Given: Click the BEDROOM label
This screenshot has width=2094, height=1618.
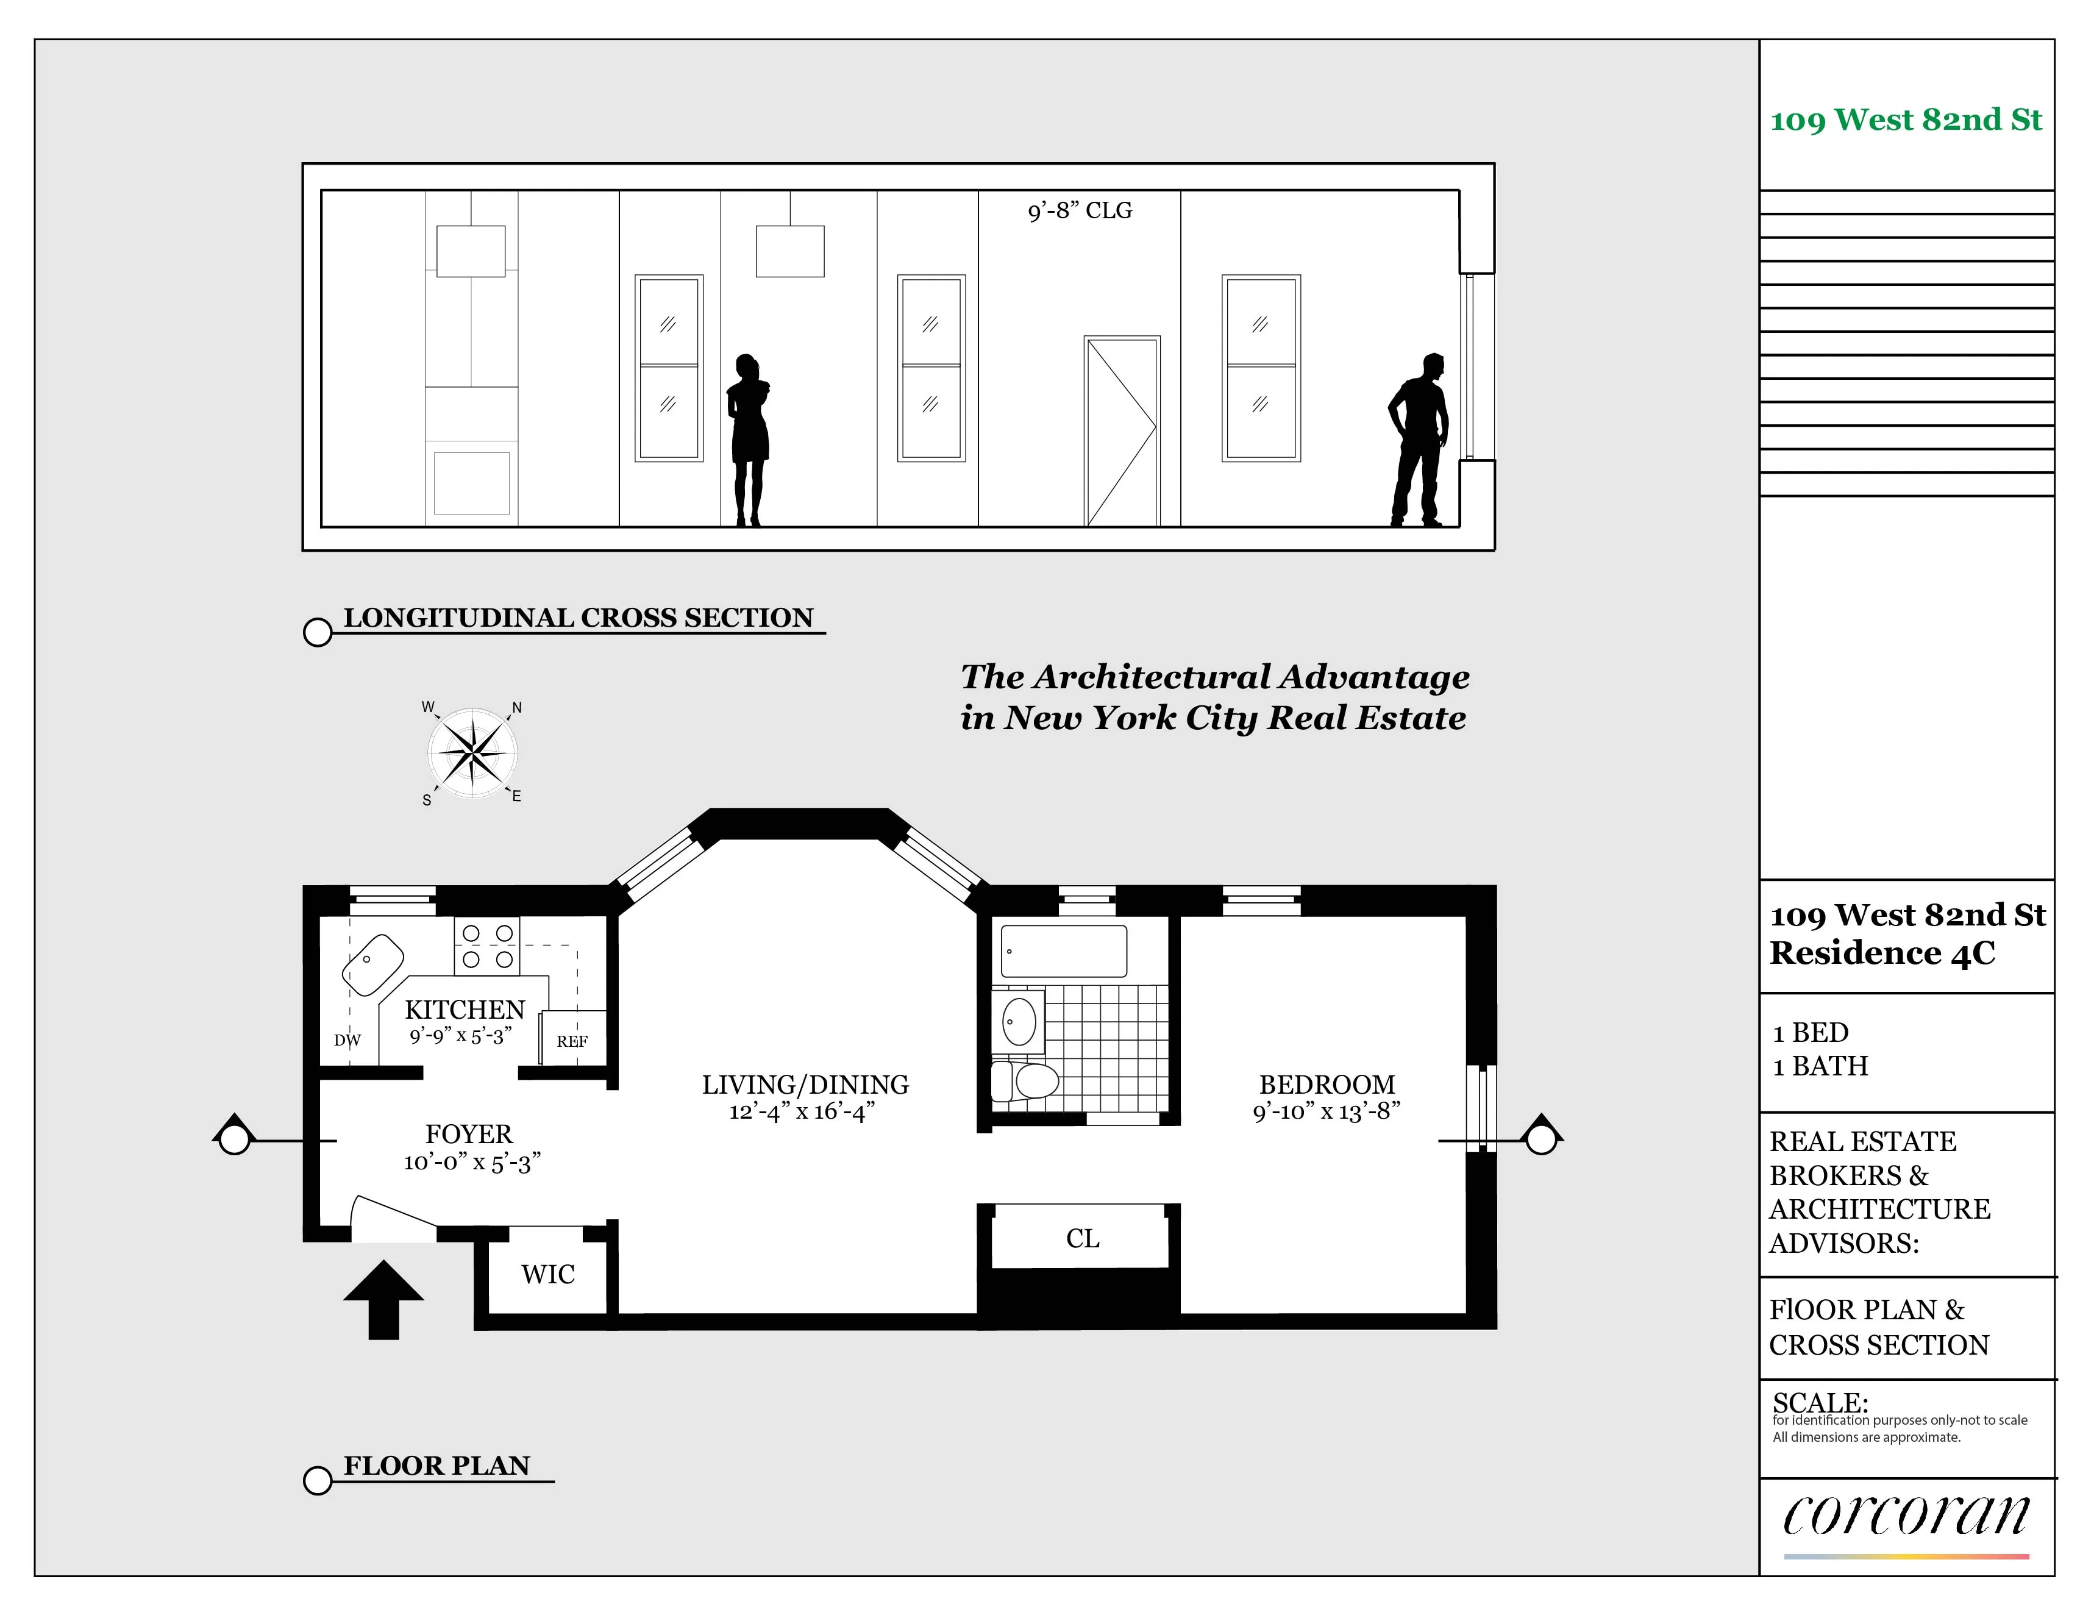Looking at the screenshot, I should point(1327,1084).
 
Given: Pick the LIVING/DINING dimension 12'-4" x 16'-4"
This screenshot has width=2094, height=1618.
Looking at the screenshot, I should point(802,1111).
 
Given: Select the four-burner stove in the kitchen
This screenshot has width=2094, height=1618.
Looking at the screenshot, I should point(487,946).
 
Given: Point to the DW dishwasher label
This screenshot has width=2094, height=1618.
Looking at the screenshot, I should point(347,1039).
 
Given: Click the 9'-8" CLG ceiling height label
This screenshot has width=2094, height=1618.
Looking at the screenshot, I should point(1080,210).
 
